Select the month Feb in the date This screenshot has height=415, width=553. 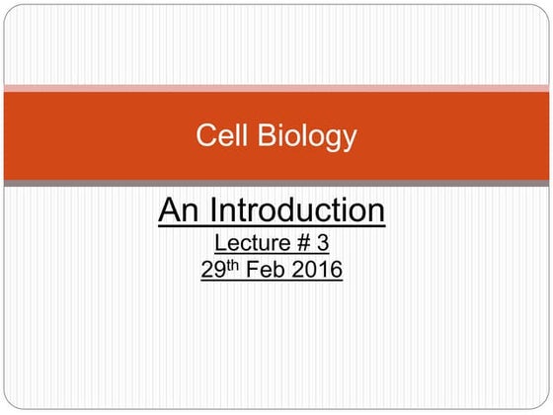(x=266, y=268)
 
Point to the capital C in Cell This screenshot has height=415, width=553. (x=204, y=135)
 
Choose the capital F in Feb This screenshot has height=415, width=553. (x=252, y=268)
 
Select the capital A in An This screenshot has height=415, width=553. (x=170, y=210)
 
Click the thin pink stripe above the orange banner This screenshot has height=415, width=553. (x=276, y=88)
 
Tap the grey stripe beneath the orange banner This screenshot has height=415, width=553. (x=276, y=184)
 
